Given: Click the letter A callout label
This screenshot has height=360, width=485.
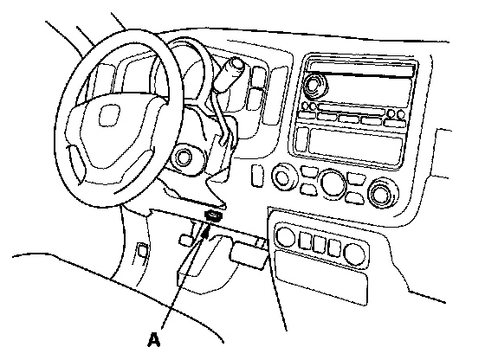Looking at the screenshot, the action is [x=154, y=339].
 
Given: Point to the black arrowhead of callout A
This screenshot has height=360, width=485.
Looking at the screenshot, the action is [x=205, y=231].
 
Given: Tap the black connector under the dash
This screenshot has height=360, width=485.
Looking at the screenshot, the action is [x=213, y=215].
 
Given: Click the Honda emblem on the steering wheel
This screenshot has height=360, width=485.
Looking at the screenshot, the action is [x=109, y=115].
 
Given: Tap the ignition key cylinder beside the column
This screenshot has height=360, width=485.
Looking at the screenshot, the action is [x=184, y=157].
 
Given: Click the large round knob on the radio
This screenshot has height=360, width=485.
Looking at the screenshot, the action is [x=315, y=84].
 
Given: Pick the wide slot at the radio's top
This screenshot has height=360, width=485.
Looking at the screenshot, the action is [x=362, y=69].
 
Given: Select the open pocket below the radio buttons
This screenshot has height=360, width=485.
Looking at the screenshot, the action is [x=356, y=145].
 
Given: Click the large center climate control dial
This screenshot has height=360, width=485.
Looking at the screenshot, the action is [x=333, y=183].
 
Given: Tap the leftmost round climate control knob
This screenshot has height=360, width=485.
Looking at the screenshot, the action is [x=282, y=177].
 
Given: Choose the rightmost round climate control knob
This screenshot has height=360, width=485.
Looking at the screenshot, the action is [x=383, y=194].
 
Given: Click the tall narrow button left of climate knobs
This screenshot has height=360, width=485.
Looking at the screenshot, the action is [x=256, y=176].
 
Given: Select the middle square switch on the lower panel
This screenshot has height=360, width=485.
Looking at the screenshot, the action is [x=319, y=244].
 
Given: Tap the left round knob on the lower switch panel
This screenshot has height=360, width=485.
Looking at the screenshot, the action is [x=285, y=237].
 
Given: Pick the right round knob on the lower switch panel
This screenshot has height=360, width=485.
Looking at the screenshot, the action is [x=354, y=254].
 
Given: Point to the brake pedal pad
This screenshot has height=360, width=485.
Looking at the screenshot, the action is [x=248, y=256].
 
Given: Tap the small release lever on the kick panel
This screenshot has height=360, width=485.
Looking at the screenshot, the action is [x=142, y=250].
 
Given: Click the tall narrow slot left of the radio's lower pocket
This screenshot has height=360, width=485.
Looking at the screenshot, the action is [x=302, y=139].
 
